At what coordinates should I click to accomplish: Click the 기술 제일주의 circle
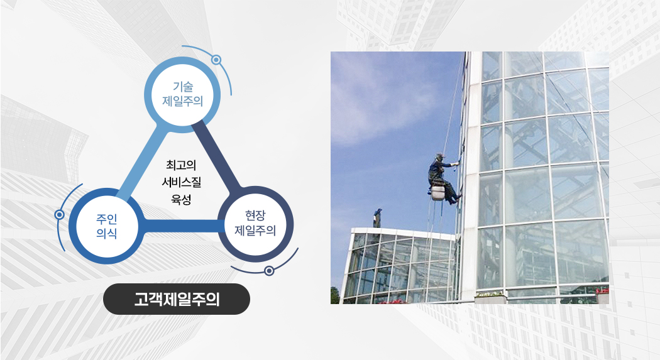[182, 95]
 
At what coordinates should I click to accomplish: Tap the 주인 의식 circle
[107, 226]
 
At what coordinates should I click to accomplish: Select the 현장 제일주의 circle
[255, 224]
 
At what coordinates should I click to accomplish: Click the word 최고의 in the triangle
[181, 165]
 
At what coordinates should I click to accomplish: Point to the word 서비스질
[182, 182]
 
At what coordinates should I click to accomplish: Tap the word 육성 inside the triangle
[182, 199]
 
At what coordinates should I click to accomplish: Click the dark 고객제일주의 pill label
[177, 299]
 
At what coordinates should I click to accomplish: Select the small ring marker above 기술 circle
[216, 60]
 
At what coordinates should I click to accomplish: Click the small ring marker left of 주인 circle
[60, 215]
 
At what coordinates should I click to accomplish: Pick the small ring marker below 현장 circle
[269, 271]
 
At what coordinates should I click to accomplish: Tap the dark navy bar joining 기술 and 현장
[216, 156]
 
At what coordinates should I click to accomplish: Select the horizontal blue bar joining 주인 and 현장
[181, 226]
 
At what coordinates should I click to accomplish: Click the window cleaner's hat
[440, 156]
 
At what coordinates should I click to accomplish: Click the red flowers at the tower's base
[602, 291]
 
